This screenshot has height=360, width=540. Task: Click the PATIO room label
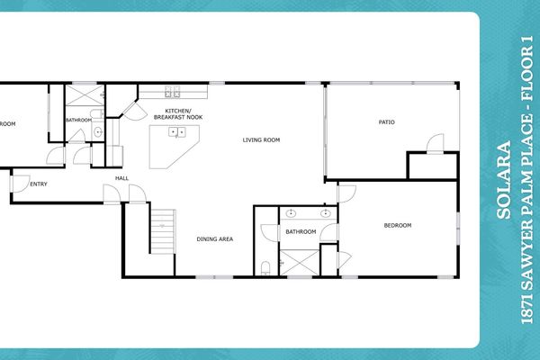tap(387, 121)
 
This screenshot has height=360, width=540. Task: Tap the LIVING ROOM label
tap(262, 140)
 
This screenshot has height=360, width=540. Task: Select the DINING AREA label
tap(215, 239)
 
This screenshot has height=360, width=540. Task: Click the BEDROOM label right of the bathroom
tap(398, 225)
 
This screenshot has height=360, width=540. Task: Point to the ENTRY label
tap(39, 185)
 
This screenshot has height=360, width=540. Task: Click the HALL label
tap(121, 178)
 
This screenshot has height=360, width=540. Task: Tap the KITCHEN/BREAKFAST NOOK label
tap(176, 114)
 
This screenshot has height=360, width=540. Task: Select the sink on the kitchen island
tap(176, 132)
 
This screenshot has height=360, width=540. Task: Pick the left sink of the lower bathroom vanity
tap(291, 215)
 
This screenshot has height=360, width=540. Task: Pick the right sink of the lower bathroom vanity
tap(324, 215)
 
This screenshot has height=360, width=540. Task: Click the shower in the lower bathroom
tap(299, 261)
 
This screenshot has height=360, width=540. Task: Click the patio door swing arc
tap(435, 144)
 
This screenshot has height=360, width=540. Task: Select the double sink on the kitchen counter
tap(171, 93)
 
